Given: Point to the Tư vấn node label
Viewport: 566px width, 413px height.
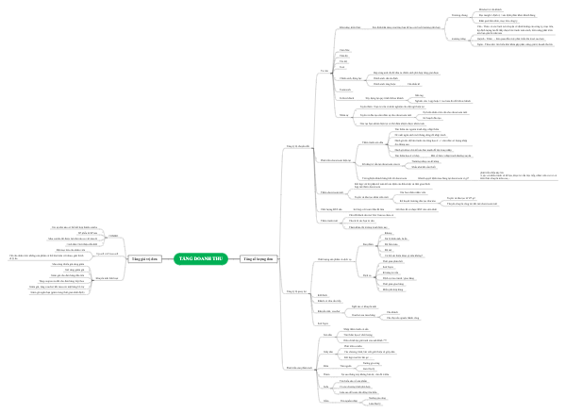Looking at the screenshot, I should [324, 71].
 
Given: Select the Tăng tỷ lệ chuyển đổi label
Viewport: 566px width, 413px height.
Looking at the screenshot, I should [296, 147].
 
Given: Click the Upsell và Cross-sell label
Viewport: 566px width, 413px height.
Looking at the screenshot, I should [108, 254].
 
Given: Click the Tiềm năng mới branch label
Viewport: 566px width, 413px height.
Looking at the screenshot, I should [325, 218].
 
